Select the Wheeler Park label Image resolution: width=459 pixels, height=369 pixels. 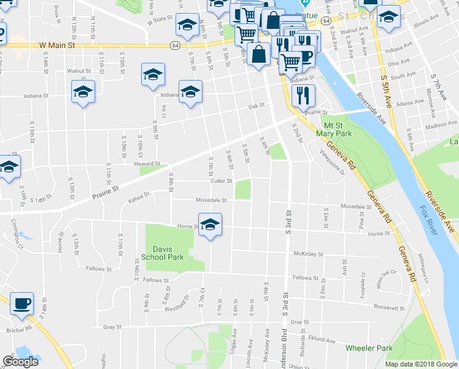click(369, 348)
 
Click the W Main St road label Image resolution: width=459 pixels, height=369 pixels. click(56, 45)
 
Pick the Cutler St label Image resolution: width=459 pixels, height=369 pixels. click(222, 181)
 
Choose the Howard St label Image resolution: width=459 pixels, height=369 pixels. click(147, 164)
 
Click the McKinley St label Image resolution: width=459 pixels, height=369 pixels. click(309, 253)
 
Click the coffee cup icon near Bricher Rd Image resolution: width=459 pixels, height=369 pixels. click(22, 303)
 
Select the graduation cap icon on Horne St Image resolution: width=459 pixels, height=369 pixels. click(210, 223)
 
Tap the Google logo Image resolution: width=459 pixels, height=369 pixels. click(21, 362)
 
